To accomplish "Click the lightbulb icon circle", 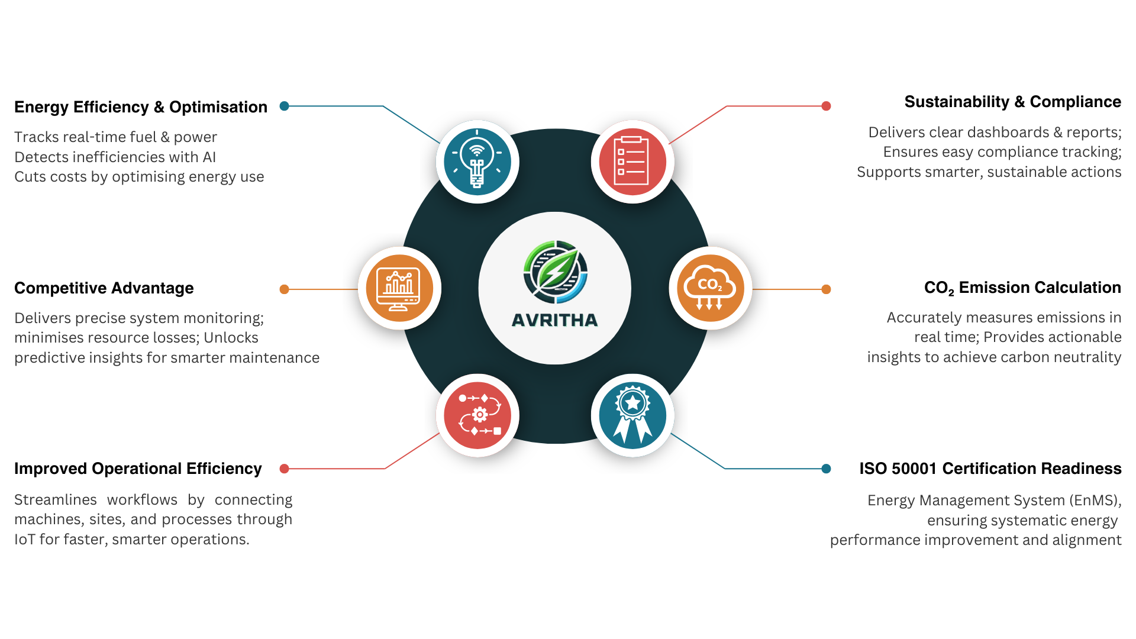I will coord(477,162).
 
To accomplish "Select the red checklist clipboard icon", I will coord(632,162).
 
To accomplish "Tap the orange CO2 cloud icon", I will coord(710,288).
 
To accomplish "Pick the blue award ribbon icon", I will coord(632,415).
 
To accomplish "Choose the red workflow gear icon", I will coord(477,415).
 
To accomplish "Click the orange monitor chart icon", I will coord(399,288).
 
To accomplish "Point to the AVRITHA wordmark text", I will coord(554,320).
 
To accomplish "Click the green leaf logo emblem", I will coord(555,272).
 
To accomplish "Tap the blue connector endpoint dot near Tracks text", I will coord(284,106).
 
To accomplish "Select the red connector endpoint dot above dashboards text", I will coord(826,106).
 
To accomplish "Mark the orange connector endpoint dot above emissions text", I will coord(826,289).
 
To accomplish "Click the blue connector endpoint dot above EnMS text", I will coord(826,469).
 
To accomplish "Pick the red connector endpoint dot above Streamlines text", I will coord(284,469).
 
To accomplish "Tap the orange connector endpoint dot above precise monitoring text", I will coord(284,289).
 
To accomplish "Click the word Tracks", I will coord(36,137).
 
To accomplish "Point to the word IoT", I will coord(25,540).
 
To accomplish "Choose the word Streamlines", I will coord(55,500).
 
